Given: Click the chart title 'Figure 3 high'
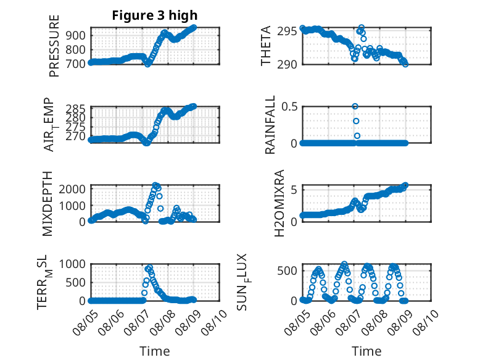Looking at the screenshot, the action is pyautogui.click(x=155, y=15).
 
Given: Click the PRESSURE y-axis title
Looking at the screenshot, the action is pyautogui.click(x=54, y=46).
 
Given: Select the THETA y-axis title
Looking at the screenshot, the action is pyautogui.click(x=266, y=46).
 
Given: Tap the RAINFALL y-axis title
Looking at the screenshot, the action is pyautogui.click(x=270, y=125).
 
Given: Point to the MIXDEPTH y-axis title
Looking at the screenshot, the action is pyautogui.click(x=48, y=204).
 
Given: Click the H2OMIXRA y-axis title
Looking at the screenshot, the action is pyautogui.click(x=279, y=203).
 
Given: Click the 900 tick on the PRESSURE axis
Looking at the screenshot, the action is pyautogui.click(x=75, y=35).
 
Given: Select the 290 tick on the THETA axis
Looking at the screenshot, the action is pyautogui.click(x=287, y=65).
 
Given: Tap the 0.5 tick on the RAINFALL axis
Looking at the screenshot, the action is pyautogui.click(x=289, y=107).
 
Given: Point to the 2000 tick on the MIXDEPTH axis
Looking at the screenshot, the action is pyautogui.click(x=72, y=189).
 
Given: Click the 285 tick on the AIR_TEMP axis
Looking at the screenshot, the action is pyautogui.click(x=75, y=109).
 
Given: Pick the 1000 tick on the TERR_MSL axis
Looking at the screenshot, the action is pyautogui.click(x=72, y=264).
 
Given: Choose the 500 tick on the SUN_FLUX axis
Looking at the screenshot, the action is pyautogui.click(x=287, y=271).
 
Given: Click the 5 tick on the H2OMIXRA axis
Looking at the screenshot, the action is pyautogui.click(x=294, y=190).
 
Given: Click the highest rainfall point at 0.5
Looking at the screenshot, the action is pyautogui.click(x=355, y=106).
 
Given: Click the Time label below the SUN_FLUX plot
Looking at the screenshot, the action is pyautogui.click(x=366, y=351).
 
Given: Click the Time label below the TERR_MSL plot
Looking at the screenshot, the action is pyautogui.click(x=155, y=351).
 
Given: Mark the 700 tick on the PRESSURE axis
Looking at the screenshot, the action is pyautogui.click(x=75, y=64).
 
